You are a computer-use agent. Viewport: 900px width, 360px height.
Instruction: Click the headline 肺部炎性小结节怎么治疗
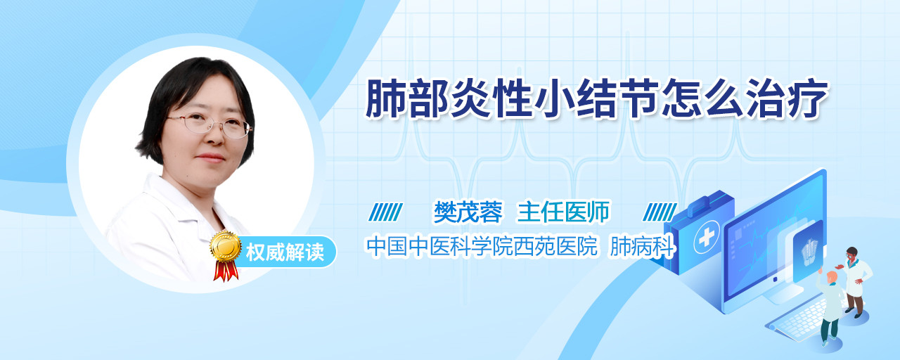coord(597,98)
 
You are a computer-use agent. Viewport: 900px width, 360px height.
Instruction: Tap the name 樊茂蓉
coord(468,212)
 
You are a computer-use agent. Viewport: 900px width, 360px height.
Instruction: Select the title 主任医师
coord(563,212)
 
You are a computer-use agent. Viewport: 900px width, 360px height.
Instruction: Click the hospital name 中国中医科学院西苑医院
coord(482,246)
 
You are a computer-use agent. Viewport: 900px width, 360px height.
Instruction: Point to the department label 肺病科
coord(642,246)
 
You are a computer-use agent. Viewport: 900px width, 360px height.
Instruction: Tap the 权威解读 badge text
coord(285,252)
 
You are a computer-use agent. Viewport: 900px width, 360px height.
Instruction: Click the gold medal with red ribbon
coord(226,255)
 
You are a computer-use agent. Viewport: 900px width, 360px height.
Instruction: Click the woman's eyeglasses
coord(210,125)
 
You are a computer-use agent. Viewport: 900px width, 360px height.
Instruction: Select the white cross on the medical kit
coord(707,237)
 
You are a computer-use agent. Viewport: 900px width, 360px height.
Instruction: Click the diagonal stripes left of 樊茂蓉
coord(386,212)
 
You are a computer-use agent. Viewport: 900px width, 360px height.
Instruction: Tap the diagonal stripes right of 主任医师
coord(660,212)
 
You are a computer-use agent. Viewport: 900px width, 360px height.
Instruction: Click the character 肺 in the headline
coord(387,98)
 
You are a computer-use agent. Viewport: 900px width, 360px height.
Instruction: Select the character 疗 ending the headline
coord(808,98)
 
